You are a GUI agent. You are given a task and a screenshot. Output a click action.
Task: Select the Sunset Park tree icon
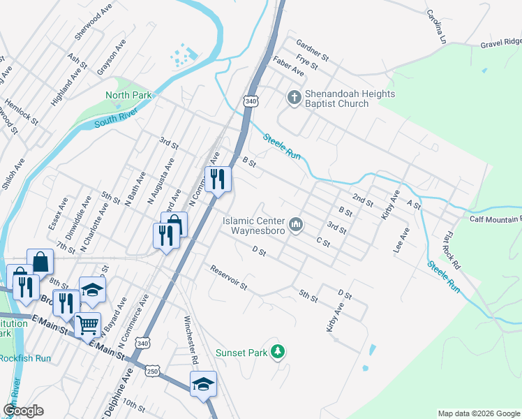pos(278,351)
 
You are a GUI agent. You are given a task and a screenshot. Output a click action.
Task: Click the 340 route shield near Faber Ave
pos(251,102)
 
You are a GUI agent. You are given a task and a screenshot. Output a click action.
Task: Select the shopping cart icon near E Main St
pos(87,325)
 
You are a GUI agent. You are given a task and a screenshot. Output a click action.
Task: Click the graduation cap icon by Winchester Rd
pos(203,383)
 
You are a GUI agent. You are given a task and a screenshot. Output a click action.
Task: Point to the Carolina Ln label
pos(435,27)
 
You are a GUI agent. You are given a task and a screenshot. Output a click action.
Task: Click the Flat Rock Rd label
pos(452,252)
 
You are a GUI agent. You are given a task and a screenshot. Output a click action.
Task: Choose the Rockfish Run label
pos(25,358)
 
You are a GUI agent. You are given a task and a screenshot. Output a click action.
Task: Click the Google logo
pos(23,411)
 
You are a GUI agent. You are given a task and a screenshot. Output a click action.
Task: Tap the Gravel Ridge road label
pos(500,45)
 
